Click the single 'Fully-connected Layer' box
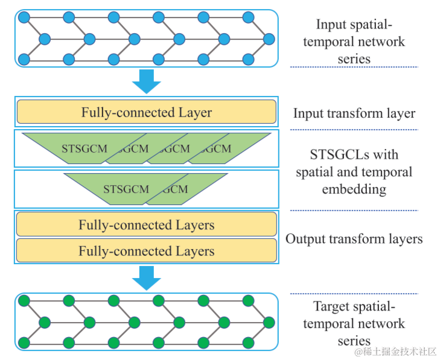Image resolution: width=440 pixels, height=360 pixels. [147, 112]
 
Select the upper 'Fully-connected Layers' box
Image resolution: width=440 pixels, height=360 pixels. [147, 224]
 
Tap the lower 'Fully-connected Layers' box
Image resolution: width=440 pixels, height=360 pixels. [147, 250]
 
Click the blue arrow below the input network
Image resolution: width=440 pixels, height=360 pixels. [147, 81]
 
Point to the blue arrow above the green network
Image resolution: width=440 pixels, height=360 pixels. [147, 278]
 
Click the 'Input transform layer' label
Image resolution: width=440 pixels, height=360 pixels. [354, 113]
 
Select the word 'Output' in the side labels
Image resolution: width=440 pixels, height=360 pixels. [305, 239]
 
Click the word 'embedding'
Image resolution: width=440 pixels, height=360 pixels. [354, 189]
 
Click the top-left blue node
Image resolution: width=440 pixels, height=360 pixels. [24, 17]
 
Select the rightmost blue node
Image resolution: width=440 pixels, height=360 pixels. [269, 39]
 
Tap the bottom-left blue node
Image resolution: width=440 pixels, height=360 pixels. [24, 60]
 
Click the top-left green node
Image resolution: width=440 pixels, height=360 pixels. [24, 301]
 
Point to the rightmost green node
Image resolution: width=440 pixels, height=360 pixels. [269, 323]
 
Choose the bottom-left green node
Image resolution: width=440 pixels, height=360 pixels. [24, 343]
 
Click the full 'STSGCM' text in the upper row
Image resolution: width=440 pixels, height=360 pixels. [84, 148]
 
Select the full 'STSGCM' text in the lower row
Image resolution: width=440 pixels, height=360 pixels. [126, 189]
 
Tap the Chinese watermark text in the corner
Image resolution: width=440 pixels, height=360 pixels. [396, 352]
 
